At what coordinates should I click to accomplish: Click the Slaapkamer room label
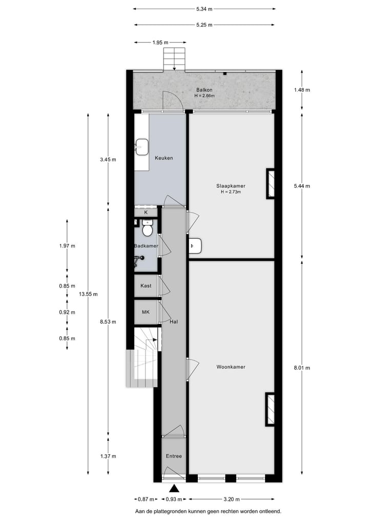pos(231,185)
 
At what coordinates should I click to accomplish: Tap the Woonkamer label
pos(231,367)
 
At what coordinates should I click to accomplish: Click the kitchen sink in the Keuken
pos(141,147)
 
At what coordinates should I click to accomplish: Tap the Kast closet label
pos(146,286)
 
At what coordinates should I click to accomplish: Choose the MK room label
pos(146,312)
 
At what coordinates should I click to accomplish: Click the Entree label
pos(174,456)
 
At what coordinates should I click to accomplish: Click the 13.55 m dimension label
pos(88,294)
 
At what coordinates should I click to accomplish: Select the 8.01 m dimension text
pos(302,367)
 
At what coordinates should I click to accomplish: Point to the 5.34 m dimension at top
pos(204,9)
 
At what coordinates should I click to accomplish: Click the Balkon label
pos(204,90)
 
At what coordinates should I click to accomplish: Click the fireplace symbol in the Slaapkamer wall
pos(270,183)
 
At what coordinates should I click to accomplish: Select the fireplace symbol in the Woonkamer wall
pos(270,409)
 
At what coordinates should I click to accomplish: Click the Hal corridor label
pos(174,322)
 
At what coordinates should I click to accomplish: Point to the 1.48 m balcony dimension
pos(302,90)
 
